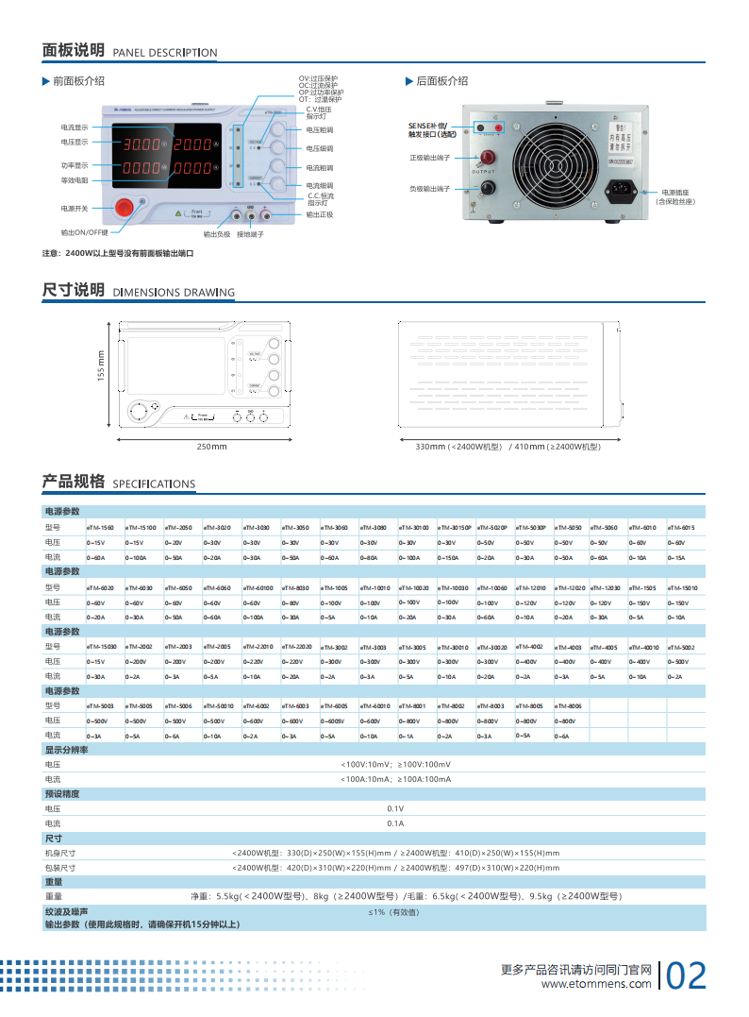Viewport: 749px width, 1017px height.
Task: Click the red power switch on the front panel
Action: click(x=125, y=208)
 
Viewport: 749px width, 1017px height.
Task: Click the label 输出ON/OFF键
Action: click(x=85, y=231)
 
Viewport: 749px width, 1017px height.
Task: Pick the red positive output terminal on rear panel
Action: click(x=488, y=158)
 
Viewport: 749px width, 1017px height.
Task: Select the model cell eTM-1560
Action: click(x=100, y=528)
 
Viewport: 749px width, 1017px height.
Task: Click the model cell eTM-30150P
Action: click(x=455, y=528)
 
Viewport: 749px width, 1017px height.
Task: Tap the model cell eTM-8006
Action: click(x=569, y=705)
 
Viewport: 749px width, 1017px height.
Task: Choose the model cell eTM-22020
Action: click(x=295, y=646)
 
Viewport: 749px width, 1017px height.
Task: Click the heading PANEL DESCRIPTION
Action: click(x=165, y=53)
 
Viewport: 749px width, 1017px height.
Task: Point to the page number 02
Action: click(x=686, y=976)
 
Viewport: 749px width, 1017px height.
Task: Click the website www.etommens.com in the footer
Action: click(x=596, y=985)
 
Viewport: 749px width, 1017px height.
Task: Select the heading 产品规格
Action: click(x=74, y=482)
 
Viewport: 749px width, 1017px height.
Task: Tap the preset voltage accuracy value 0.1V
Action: click(x=395, y=808)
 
